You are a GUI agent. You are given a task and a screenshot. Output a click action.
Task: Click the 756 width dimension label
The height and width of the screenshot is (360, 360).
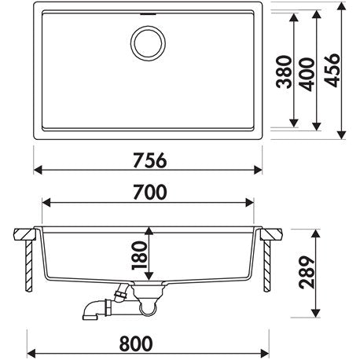(x=149, y=160)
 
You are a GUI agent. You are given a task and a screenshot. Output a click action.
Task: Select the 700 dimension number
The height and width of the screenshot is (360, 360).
(x=149, y=192)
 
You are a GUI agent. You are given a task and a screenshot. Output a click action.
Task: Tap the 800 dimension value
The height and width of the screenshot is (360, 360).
(x=136, y=343)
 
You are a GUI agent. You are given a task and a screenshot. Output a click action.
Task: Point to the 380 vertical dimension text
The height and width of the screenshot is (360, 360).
(x=284, y=72)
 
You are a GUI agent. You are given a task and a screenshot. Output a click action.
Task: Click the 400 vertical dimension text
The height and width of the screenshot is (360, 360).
(x=306, y=75)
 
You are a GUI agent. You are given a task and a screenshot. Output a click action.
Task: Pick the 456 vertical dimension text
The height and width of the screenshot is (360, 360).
(x=332, y=70)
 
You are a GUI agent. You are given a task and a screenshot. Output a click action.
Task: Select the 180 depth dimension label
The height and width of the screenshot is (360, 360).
(x=139, y=255)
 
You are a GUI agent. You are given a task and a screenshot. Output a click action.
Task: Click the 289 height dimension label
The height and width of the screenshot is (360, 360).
(x=307, y=272)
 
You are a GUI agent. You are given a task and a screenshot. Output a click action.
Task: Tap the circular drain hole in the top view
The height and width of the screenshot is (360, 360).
(x=148, y=43)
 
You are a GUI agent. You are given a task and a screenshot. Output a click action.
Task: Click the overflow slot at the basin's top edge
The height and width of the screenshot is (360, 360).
(x=149, y=13)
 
